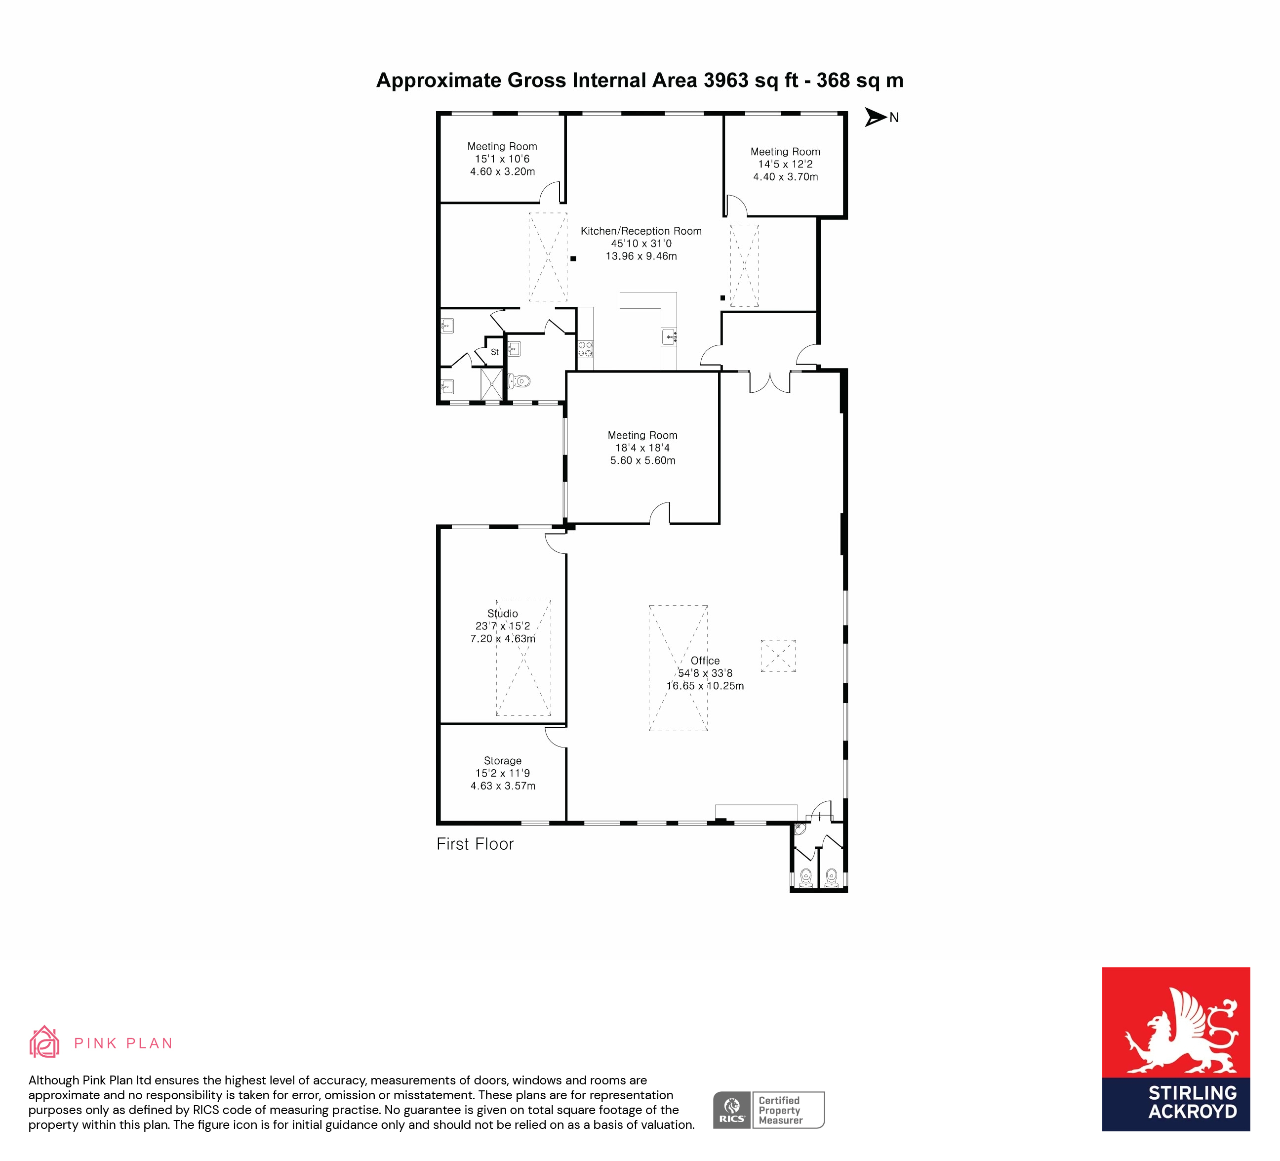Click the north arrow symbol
(875, 117)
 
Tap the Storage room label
(502, 760)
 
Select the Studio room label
(502, 613)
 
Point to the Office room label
(705, 660)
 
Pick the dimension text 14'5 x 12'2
(785, 164)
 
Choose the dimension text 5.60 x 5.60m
(642, 460)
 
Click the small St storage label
(495, 352)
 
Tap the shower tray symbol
(491, 383)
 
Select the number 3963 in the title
(726, 80)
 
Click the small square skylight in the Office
(778, 656)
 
